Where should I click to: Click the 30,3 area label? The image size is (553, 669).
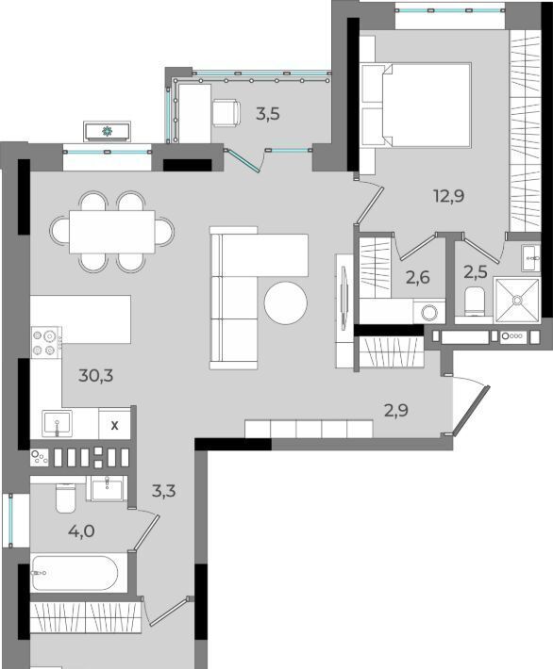point(95,375)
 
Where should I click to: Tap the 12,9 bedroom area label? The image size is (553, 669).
point(449,196)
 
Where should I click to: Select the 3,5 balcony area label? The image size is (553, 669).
point(267,114)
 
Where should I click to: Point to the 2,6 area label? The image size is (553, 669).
point(417,278)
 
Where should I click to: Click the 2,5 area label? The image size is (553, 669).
point(476,271)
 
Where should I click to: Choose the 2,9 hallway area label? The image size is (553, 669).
point(396,410)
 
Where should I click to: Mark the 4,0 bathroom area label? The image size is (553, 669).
point(81,531)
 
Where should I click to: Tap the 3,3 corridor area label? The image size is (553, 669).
point(163,491)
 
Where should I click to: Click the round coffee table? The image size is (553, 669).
point(286,302)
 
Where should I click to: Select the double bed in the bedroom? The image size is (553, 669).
point(415,105)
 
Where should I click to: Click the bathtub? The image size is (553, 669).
point(74,573)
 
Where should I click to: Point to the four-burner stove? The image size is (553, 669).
point(46,342)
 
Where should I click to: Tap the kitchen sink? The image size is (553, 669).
point(57,423)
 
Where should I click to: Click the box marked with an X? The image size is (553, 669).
point(114,425)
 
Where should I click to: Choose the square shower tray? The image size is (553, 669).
point(517,301)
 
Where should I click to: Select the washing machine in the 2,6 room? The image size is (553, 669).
point(429,312)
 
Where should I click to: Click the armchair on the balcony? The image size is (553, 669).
point(226,113)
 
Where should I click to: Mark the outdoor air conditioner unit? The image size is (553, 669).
point(107,131)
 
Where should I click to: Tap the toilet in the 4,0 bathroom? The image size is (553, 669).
point(65,498)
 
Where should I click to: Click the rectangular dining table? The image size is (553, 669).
point(112,232)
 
